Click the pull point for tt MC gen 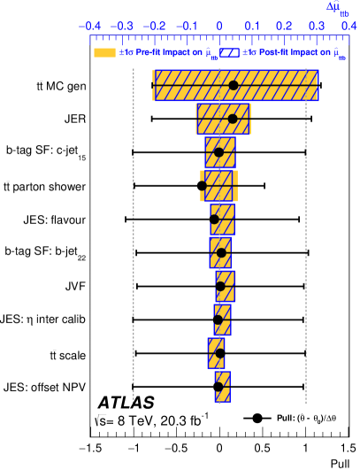(x=234, y=86)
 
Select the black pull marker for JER (x=233, y=119)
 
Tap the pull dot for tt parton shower (x=203, y=186)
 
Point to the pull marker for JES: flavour (x=214, y=220)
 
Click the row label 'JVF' (x=75, y=287)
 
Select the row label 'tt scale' (x=68, y=355)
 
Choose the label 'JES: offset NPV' (x=44, y=387)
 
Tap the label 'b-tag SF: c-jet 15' (x=46, y=152)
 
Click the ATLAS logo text (x=126, y=402)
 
